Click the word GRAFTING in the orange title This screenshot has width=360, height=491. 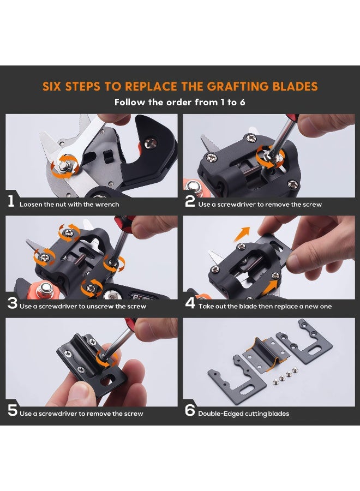pos(238,86)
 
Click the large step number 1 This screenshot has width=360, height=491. pos(11,201)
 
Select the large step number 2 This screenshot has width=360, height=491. pos(190,201)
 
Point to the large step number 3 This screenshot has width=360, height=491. pos(12,303)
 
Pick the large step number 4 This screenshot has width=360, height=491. pos(190,303)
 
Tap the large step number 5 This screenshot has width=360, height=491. pos(13,410)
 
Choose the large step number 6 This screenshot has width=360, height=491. pos(190,410)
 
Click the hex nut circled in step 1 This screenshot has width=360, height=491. pos(64,166)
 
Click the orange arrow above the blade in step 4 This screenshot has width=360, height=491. pos(242,234)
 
